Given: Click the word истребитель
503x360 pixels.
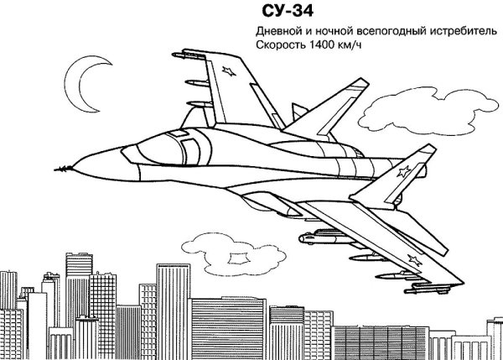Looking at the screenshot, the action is pos(464,31).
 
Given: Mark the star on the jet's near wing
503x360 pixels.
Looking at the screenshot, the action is pos(412,258).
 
